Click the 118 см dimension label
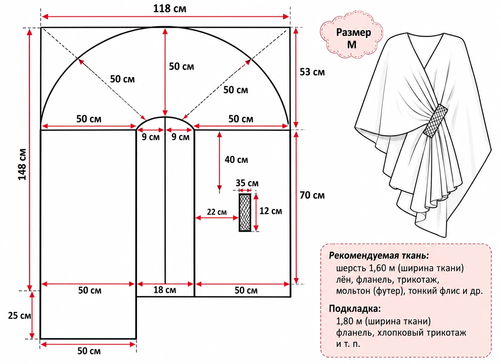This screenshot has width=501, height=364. (170, 9)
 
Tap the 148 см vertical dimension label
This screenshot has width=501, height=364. (22, 164)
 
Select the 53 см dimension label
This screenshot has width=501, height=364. (312, 72)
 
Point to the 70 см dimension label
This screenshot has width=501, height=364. (312, 195)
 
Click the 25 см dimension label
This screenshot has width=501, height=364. (19, 316)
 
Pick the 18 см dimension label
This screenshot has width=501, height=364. (165, 290)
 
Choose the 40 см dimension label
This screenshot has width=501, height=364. (236, 160)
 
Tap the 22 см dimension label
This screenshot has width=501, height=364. (217, 212)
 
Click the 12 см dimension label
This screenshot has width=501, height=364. (271, 211)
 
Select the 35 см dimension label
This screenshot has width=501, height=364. (247, 183)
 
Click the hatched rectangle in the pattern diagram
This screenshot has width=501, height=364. (245, 212)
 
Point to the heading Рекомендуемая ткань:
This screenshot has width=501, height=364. (379, 256)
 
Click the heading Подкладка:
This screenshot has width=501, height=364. (355, 308)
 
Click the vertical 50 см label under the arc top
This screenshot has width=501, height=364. (182, 66)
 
